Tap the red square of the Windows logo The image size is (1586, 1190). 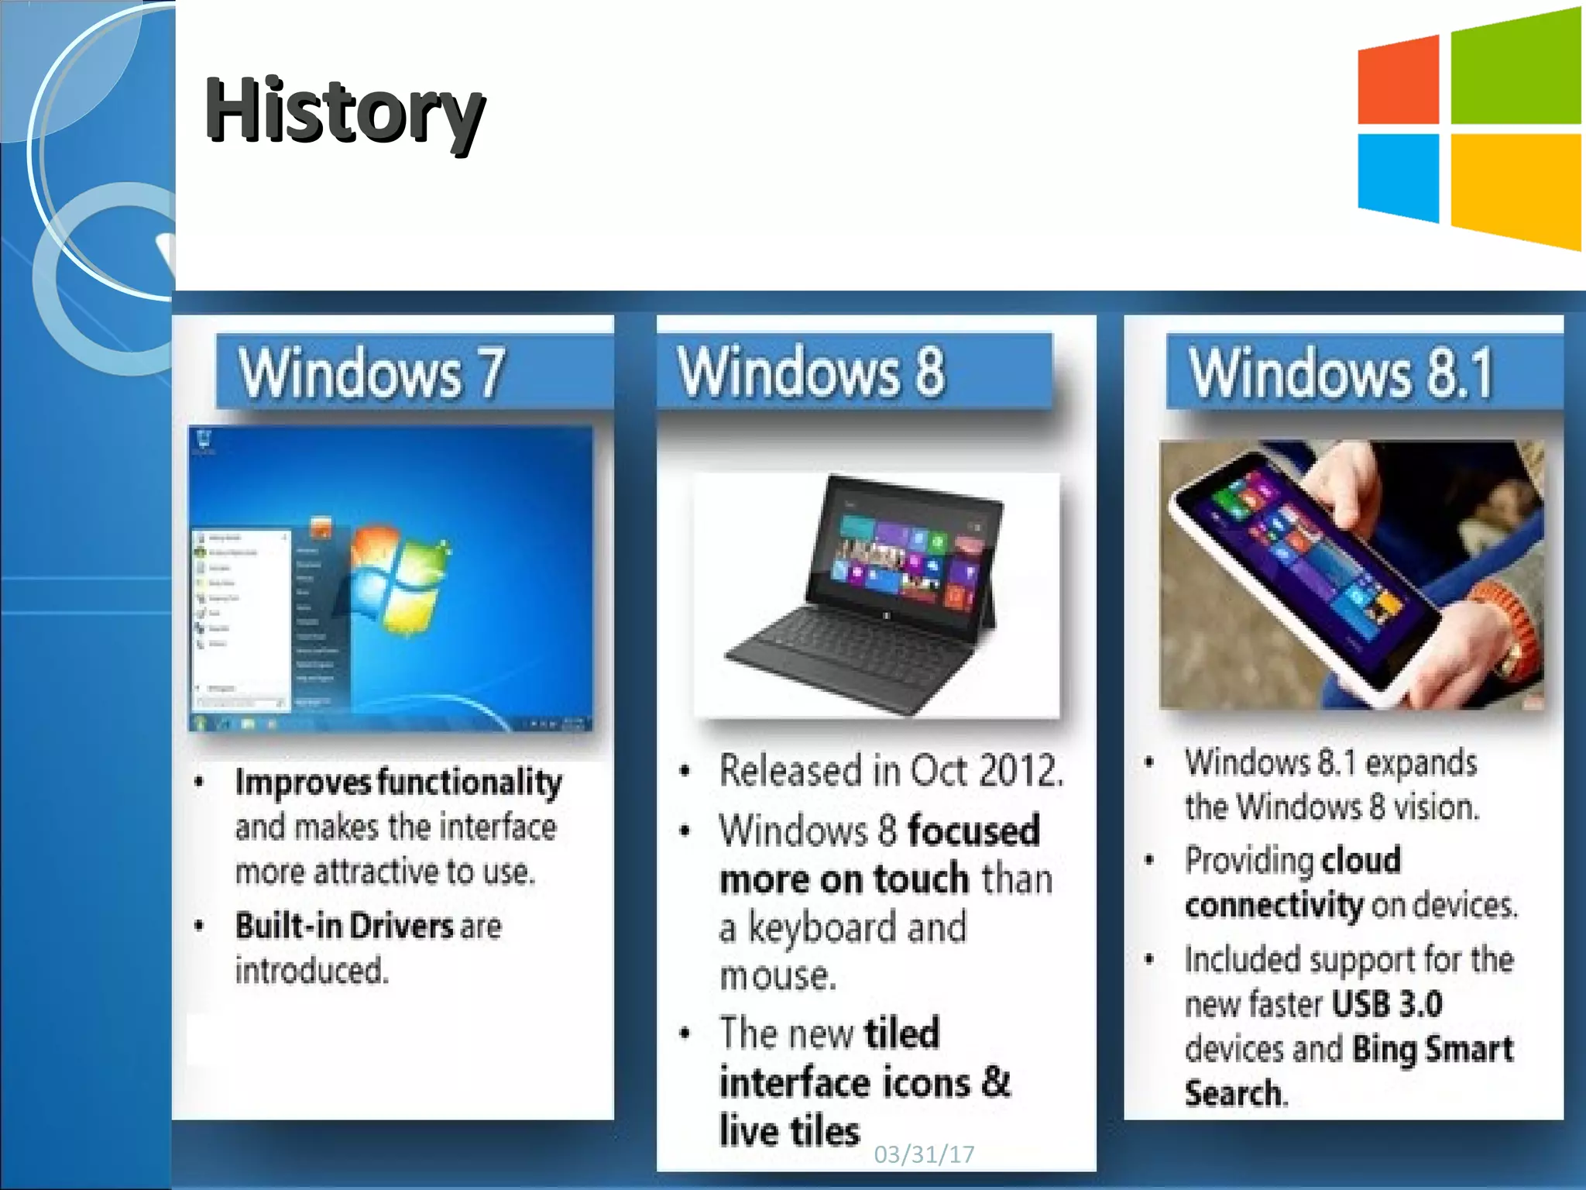[1399, 82]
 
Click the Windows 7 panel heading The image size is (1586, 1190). [372, 373]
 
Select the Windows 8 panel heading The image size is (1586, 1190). [811, 372]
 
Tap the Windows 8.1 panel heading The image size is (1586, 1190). [1341, 373]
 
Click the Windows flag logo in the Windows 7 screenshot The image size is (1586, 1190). [395, 577]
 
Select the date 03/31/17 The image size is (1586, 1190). [923, 1154]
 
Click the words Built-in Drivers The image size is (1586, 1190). [345, 926]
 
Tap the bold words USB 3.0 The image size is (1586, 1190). [1387, 1005]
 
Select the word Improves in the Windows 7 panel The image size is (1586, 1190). [303, 782]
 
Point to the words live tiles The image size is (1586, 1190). [789, 1131]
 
